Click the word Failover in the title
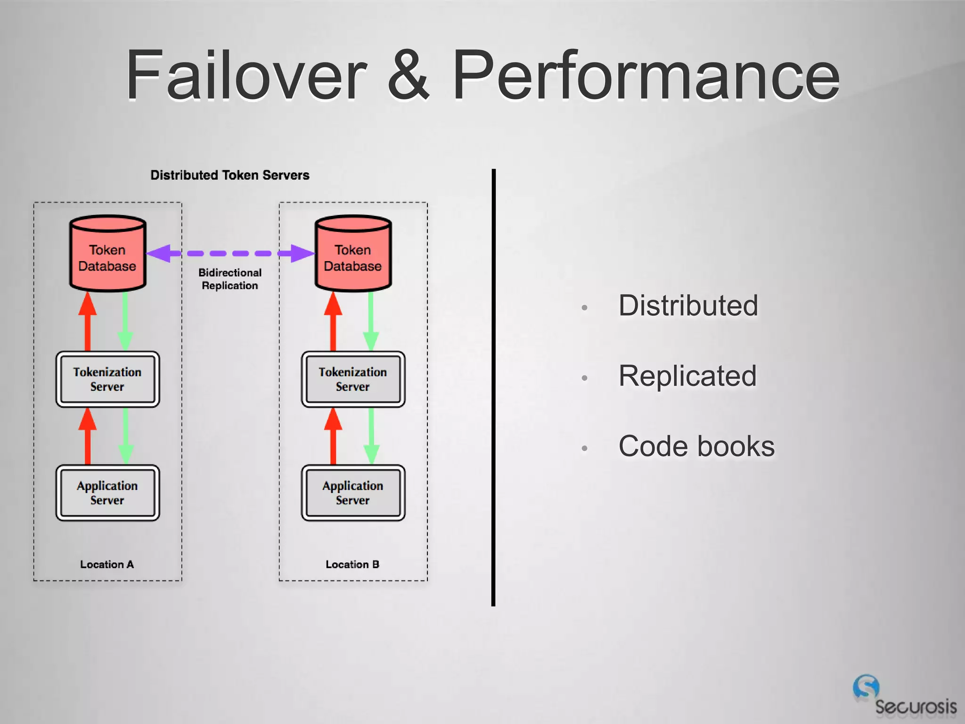click(x=245, y=75)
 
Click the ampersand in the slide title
click(x=408, y=75)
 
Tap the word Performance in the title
click(x=646, y=75)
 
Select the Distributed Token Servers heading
click(x=229, y=175)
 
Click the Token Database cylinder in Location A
click(x=107, y=255)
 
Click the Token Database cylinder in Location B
click(x=353, y=255)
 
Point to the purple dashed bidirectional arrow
click(x=230, y=253)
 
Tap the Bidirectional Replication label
click(x=230, y=279)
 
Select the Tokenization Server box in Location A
click(x=107, y=379)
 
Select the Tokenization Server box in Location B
click(x=353, y=379)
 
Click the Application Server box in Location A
click(x=107, y=493)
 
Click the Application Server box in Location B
click(x=353, y=493)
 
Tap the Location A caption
click(x=107, y=564)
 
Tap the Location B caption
click(x=352, y=564)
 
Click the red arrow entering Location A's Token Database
click(x=88, y=321)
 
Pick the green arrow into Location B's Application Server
click(x=371, y=436)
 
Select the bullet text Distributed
click(x=688, y=305)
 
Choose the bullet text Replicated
click(x=687, y=376)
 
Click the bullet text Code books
click(x=696, y=446)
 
